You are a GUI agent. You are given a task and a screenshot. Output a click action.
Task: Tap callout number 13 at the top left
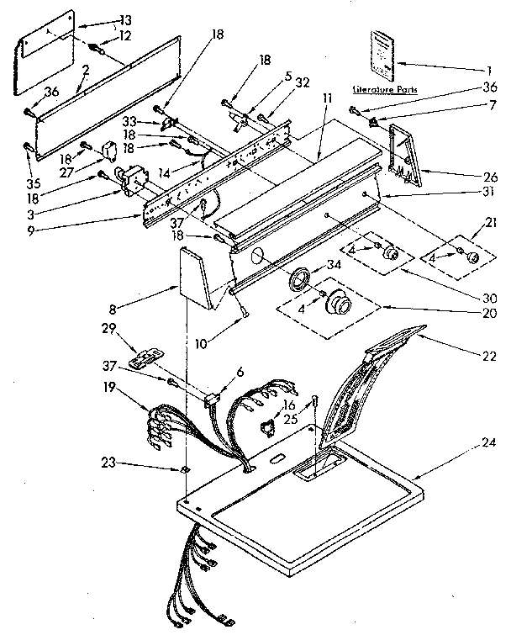coord(125,19)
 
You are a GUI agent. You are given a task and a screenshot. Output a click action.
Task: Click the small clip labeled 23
coord(184,470)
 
